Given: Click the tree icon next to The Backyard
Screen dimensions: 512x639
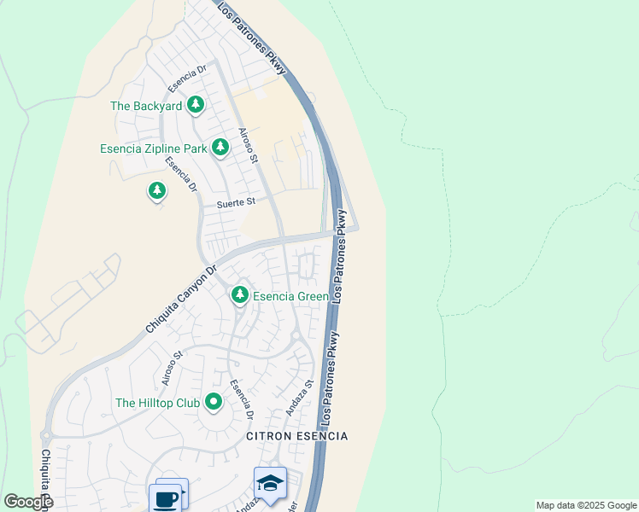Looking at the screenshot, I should [x=196, y=105].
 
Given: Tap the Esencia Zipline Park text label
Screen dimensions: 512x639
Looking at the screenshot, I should [x=153, y=148].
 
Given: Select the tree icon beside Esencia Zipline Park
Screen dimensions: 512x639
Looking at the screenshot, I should [x=220, y=148].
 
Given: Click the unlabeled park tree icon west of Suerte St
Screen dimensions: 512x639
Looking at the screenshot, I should [x=156, y=191].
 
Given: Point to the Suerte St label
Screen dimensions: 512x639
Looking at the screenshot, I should [x=236, y=203].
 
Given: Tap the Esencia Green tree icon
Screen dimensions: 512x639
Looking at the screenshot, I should [x=240, y=295].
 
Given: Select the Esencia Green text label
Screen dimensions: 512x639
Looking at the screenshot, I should [x=290, y=297].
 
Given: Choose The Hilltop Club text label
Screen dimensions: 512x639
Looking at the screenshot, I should [x=157, y=403].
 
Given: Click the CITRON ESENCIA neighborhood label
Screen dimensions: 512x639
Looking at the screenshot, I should [x=296, y=436].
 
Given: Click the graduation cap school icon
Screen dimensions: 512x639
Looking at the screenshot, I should [x=270, y=482].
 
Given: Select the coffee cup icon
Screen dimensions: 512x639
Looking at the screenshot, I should [x=166, y=497].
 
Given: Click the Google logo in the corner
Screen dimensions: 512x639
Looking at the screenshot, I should [x=28, y=501].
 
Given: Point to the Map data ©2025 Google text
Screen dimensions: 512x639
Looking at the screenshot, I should [x=586, y=505].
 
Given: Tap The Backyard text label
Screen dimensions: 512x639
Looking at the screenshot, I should [x=146, y=107].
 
